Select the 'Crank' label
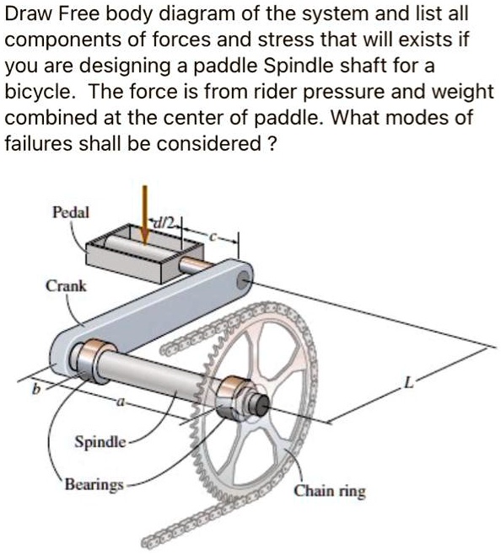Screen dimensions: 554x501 tap(66, 285)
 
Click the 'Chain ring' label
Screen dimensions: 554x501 tap(330, 491)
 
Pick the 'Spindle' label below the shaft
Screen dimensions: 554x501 tap(100, 441)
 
